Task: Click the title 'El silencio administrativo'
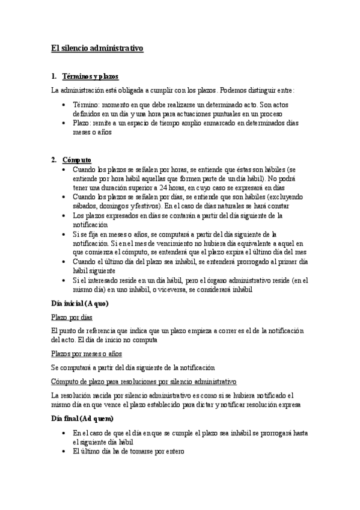(x=97, y=48)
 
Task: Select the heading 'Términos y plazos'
(x=90, y=76)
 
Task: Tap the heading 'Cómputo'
(x=77, y=160)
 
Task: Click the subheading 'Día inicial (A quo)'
(x=80, y=303)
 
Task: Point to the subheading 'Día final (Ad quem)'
(x=82, y=418)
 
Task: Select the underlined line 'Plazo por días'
(x=72, y=317)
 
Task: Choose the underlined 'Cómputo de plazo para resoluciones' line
(x=144, y=381)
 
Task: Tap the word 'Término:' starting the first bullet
(x=86, y=105)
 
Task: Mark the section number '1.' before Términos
(x=54, y=76)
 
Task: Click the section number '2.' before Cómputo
(x=54, y=160)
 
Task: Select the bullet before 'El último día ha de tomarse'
(x=65, y=450)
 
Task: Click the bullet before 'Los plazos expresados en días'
(x=65, y=215)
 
